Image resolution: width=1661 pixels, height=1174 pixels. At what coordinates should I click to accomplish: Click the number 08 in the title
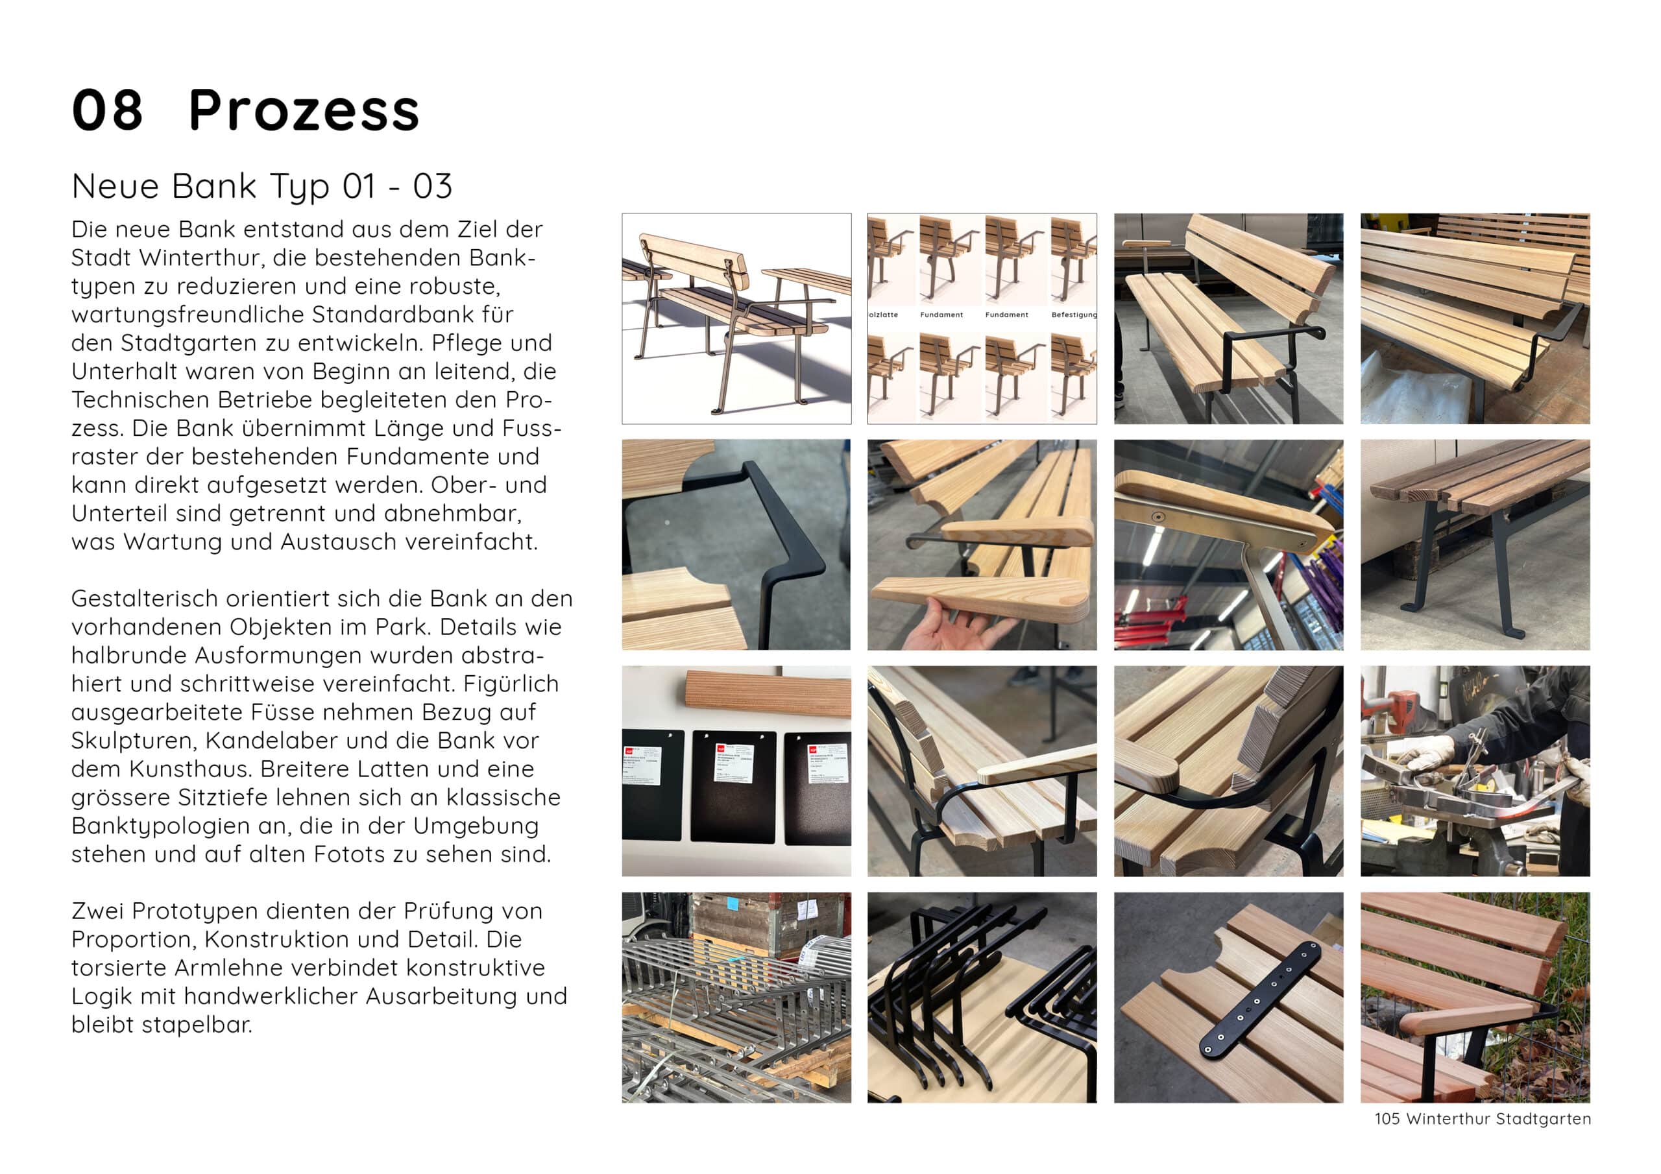point(107,111)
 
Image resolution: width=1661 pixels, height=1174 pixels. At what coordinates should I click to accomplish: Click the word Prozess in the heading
point(304,111)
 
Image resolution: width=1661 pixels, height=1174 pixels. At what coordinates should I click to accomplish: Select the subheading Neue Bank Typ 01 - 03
point(262,187)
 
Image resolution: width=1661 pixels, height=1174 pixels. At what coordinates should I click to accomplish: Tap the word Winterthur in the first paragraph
point(220,258)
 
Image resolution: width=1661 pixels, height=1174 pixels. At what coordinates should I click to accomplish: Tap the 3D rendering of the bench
point(736,318)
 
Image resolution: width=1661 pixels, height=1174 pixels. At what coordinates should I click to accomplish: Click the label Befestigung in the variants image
point(1074,315)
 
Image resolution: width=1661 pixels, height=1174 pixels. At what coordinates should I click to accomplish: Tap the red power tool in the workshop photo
point(1392,706)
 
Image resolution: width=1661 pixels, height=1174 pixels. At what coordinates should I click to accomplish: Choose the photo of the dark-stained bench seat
point(1475,545)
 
